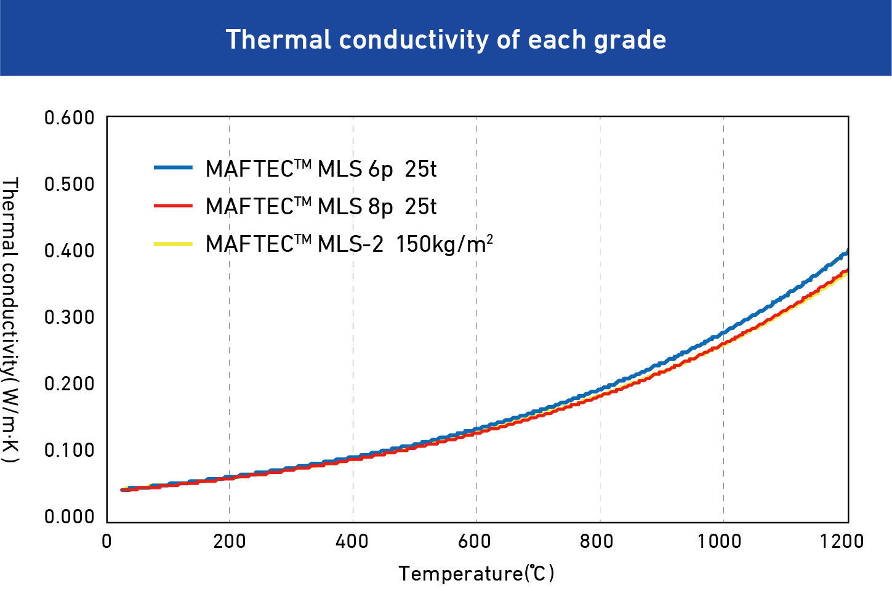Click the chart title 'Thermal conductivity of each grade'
[446, 39]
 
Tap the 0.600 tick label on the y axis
[70, 118]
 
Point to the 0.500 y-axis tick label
[70, 184]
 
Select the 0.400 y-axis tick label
[70, 251]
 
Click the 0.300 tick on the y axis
[70, 317]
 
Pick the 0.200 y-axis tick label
[70, 384]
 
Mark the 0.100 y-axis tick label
[70, 450]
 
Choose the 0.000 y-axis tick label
[70, 517]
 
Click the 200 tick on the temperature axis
[229, 542]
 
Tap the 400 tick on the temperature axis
[352, 542]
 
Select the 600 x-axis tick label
[475, 542]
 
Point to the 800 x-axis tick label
[598, 542]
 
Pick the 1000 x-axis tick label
[719, 542]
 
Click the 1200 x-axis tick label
[842, 542]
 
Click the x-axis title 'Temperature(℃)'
[476, 574]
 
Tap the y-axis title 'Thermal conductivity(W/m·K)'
[10, 320]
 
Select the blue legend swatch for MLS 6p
[173, 167]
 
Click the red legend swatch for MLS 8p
[173, 206]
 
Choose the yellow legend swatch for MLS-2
[173, 244]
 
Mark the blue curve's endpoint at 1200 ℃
[847, 252]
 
